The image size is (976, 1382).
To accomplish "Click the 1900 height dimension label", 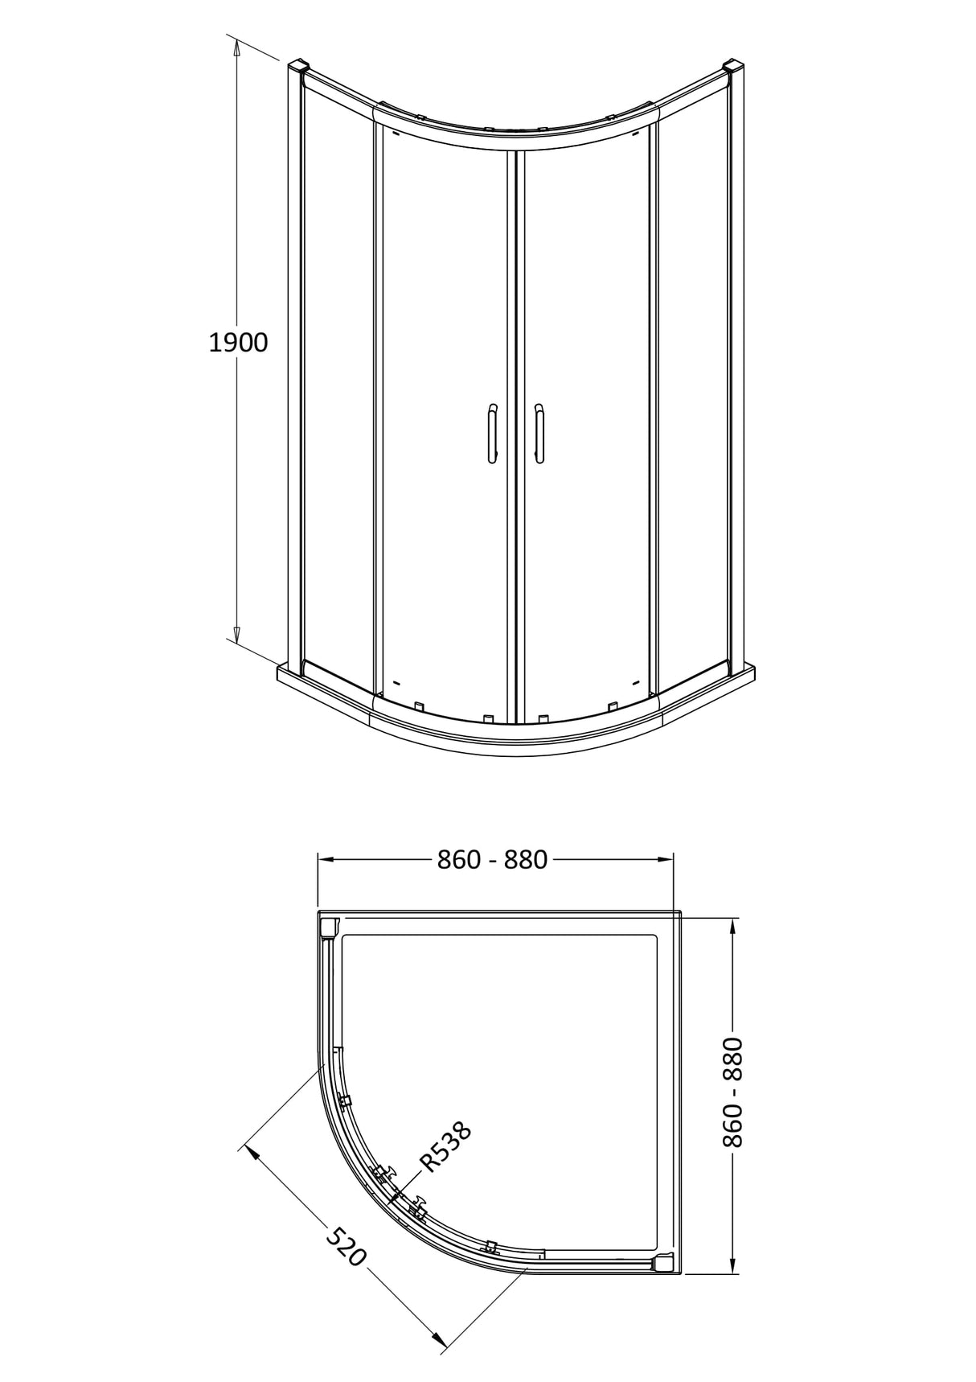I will point(238,343).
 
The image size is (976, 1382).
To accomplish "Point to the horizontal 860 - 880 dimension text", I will point(492,860).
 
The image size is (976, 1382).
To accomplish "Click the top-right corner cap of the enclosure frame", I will point(735,66).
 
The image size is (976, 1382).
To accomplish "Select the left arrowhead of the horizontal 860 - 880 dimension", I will point(325,859).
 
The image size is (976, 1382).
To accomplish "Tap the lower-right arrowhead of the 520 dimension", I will point(437,1339).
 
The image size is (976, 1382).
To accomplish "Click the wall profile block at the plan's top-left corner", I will point(328,928).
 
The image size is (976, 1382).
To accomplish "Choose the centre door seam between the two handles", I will point(515,434).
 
